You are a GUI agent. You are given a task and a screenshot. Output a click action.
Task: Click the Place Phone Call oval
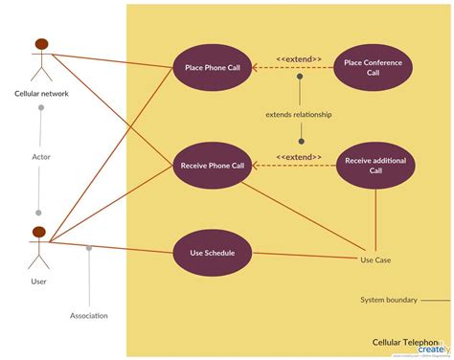(213, 67)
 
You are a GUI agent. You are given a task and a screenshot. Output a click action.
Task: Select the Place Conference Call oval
(374, 67)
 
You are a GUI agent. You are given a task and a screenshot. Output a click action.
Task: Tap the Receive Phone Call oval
(213, 166)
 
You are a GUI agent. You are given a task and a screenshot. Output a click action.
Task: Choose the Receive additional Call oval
(375, 166)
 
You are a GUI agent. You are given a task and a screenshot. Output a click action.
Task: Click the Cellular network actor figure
(41, 60)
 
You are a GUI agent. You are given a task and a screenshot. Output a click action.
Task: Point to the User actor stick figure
(39, 249)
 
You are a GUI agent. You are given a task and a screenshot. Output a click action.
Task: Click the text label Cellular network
(41, 94)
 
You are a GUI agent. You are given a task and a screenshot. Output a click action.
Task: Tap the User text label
(39, 282)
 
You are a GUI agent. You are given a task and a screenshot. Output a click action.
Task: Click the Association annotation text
(89, 316)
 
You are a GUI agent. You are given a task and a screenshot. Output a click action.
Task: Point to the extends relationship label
(299, 115)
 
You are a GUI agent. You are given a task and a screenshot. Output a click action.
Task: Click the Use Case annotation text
(375, 259)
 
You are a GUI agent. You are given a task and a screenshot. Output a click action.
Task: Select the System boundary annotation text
(388, 300)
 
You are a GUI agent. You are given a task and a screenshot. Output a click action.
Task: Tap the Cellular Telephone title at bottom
(407, 341)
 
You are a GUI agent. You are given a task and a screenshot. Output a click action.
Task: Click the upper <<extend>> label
(299, 58)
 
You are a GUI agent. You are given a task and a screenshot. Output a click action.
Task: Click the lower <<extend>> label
(299, 157)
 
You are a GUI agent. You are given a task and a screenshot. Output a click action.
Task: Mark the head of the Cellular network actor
(41, 43)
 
